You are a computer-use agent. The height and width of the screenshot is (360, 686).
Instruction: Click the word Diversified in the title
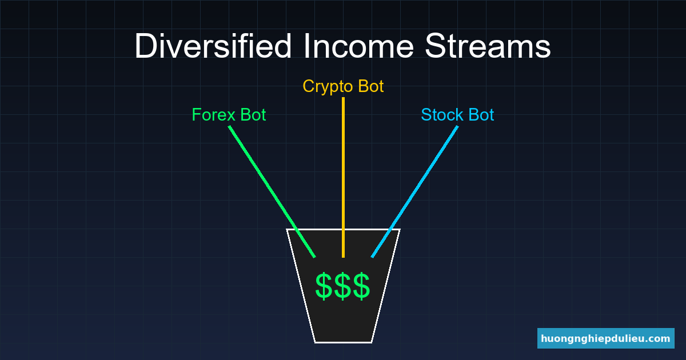[x=213, y=47]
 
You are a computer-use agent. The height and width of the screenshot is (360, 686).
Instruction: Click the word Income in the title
[x=358, y=47]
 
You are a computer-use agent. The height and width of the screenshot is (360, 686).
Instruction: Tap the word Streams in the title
[x=488, y=47]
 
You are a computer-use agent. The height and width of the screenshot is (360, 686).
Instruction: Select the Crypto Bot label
[x=343, y=86]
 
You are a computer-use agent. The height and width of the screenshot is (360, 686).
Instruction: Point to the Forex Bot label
[x=229, y=115]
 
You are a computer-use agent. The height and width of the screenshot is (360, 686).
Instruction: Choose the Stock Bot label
[x=457, y=115]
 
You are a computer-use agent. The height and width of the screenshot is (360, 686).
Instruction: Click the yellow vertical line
[x=343, y=171]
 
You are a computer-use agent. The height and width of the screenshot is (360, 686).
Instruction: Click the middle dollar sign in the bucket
[x=343, y=286]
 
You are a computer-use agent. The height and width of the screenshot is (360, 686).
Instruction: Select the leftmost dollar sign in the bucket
[x=324, y=286]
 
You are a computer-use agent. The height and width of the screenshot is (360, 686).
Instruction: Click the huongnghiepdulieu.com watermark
[x=606, y=338]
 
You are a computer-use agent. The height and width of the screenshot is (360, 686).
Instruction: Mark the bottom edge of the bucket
[x=343, y=342]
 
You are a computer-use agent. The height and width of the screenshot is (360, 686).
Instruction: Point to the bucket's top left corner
[x=287, y=229]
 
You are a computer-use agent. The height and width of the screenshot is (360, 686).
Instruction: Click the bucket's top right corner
[x=400, y=229]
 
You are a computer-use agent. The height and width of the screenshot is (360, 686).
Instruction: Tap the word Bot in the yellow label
[x=370, y=86]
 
